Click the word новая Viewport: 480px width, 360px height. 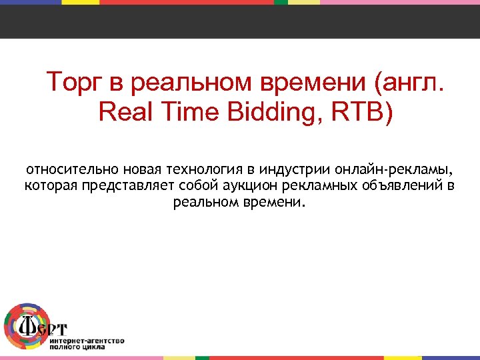point(145,169)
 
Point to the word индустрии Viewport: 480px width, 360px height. point(302,169)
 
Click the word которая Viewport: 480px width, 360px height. point(51,185)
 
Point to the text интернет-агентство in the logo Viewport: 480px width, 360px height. point(87,340)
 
